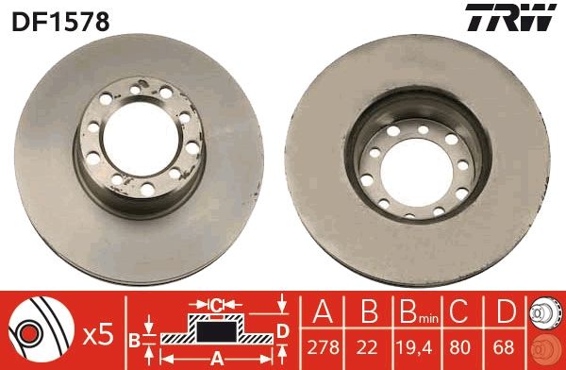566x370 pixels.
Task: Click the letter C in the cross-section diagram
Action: [x=216, y=304]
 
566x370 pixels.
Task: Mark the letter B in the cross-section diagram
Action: [x=134, y=338]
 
